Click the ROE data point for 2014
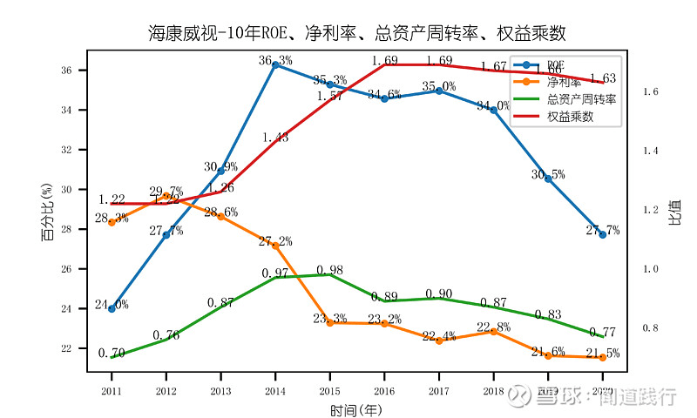point(275,64)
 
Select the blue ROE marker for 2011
point(112,308)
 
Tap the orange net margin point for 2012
point(166,196)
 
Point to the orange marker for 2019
point(548,355)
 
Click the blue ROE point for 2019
point(548,179)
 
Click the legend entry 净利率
point(564,82)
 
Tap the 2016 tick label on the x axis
point(384,391)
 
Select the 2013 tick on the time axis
point(220,391)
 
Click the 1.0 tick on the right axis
point(651,269)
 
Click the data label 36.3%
point(275,60)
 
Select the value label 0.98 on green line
point(330,270)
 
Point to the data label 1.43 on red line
point(275,137)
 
